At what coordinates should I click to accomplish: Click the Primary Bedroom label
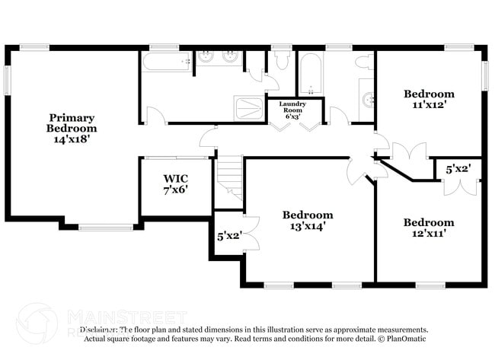coord(72,123)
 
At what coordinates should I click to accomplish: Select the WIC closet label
coord(175,179)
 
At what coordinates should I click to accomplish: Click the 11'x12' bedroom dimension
coord(429,105)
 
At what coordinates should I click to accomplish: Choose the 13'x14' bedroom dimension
coord(308,226)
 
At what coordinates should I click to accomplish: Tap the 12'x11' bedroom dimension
coord(429,234)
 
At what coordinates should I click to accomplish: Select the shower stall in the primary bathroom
coord(249,108)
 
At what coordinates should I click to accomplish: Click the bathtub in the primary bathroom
coord(166,62)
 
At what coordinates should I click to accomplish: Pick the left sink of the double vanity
coord(206,57)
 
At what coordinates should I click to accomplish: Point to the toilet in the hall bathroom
coord(364,61)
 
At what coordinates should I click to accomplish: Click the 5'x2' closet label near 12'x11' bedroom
coord(458,170)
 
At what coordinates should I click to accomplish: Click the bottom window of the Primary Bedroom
coord(105,227)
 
